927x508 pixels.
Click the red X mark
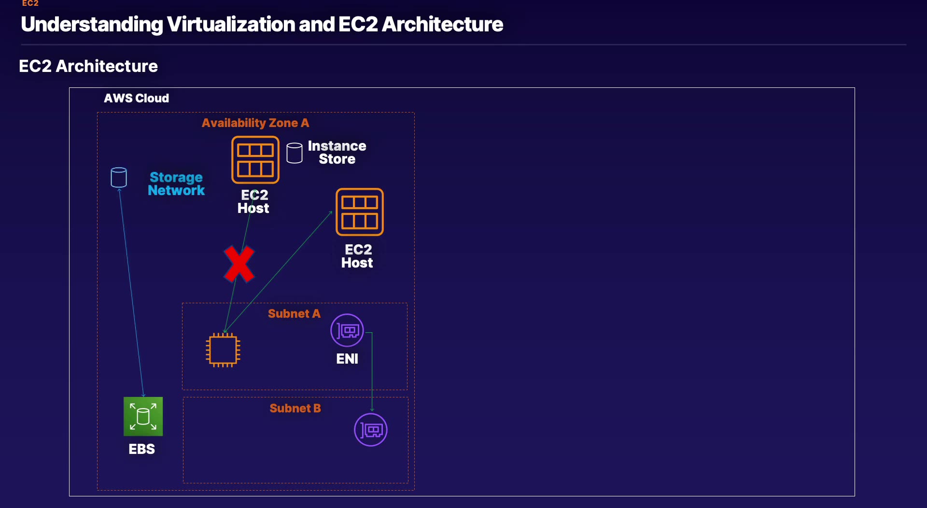click(239, 264)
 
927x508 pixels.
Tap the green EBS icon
click(143, 416)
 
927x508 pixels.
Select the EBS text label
click(141, 449)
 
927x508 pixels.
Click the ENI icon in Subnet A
click(347, 330)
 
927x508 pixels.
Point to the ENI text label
click(347, 359)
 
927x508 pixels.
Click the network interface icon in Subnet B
click(371, 430)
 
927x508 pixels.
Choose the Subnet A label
click(294, 314)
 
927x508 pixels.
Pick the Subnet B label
click(295, 409)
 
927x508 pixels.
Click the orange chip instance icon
click(223, 350)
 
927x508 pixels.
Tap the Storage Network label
click(176, 184)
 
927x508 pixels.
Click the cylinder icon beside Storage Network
click(119, 178)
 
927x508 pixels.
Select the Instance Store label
click(337, 153)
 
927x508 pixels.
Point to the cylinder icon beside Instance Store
click(295, 153)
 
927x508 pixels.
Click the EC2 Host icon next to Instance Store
click(255, 160)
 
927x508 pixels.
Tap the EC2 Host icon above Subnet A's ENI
click(360, 212)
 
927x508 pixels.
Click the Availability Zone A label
click(255, 123)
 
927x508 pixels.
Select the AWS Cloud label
click(137, 99)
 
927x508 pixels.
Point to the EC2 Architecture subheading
click(88, 66)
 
